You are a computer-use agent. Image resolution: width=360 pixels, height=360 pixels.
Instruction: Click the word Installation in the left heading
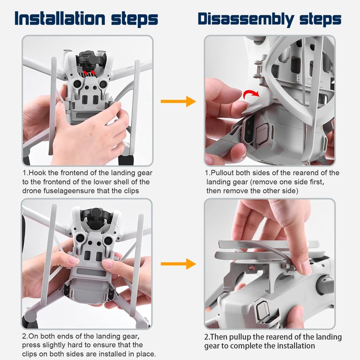point(60,18)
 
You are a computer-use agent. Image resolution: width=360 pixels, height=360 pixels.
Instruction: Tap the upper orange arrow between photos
point(178,101)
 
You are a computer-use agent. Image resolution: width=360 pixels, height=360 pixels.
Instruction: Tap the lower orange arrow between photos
point(178,264)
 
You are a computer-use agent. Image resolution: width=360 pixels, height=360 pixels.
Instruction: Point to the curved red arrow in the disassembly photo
point(251,94)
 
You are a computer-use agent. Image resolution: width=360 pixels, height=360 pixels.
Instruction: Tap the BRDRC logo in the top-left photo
point(91,108)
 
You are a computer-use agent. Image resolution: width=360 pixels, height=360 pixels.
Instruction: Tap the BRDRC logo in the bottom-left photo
point(92,264)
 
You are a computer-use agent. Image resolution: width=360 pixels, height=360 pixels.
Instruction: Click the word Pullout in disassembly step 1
point(222,173)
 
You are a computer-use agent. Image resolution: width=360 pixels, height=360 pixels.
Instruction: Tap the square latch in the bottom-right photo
point(262,308)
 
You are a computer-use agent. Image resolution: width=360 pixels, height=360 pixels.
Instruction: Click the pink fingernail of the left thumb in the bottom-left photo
point(74,261)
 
